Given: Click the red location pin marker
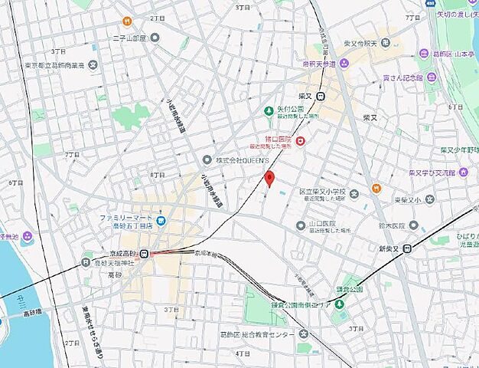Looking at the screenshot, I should click(269, 178).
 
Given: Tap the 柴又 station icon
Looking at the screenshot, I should click(321, 96).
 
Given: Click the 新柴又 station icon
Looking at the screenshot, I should click(409, 248).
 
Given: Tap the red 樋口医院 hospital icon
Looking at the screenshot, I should click(301, 140).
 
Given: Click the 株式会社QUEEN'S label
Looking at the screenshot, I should click(242, 159).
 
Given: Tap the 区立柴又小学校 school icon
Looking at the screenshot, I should click(354, 193).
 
